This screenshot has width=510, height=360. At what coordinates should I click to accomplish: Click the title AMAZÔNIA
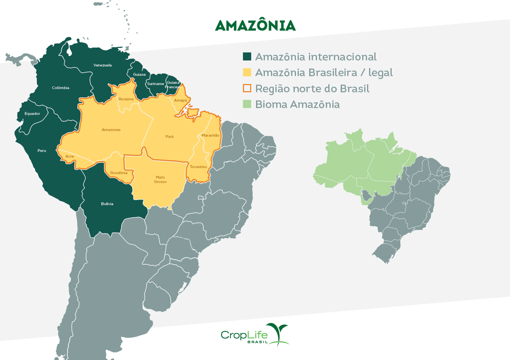click(x=255, y=25)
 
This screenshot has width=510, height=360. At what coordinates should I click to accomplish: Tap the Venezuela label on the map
click(x=102, y=65)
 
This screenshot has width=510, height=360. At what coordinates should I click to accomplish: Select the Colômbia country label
click(x=61, y=88)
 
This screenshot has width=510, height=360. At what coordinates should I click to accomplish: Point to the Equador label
click(x=32, y=114)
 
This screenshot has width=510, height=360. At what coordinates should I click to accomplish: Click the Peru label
click(x=42, y=151)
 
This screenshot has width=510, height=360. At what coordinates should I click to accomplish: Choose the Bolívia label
click(x=107, y=204)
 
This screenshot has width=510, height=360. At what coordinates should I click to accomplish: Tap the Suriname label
click(x=156, y=84)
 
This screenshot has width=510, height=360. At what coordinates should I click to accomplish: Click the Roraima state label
click(x=126, y=99)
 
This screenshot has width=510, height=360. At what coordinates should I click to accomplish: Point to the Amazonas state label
click(x=111, y=130)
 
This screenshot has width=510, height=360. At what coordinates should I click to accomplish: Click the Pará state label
click(x=169, y=137)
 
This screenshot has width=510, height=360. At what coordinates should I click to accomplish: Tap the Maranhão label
click(x=211, y=135)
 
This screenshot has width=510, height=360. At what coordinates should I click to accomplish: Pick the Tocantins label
click(x=199, y=167)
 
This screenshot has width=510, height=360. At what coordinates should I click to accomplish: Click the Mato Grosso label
click(x=160, y=179)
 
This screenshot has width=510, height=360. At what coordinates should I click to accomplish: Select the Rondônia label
click(x=119, y=173)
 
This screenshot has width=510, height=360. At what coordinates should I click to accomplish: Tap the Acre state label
click(x=69, y=156)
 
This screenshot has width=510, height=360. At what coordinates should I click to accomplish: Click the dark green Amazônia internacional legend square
click(x=247, y=56)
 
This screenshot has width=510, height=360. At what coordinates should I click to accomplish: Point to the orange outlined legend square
click(x=247, y=88)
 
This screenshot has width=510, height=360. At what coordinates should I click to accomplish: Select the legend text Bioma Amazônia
click(x=297, y=104)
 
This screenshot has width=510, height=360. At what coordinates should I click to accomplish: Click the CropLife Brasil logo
click(x=255, y=335)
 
